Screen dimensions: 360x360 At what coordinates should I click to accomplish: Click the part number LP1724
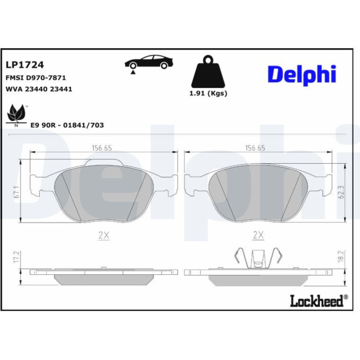click(25, 65)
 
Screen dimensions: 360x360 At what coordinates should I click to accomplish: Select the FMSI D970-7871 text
click(36, 78)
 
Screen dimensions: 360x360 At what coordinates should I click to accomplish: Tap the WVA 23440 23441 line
click(39, 89)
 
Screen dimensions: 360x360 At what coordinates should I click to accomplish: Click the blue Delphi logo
click(302, 75)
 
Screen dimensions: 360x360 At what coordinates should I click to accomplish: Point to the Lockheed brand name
click(319, 301)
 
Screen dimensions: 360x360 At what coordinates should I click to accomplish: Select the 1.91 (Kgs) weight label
click(208, 94)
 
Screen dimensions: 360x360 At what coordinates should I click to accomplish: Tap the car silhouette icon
click(149, 62)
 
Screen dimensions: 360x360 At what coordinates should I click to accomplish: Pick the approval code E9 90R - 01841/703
click(67, 125)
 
